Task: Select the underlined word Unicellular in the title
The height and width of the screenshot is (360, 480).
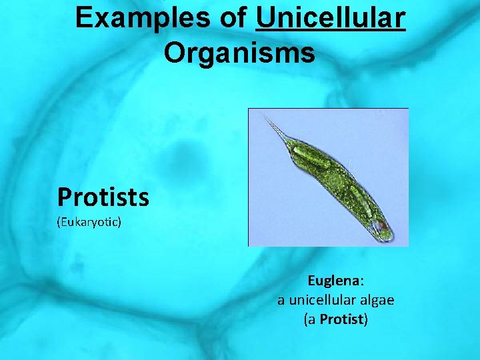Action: pos(330,18)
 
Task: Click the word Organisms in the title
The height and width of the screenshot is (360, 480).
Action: pos(239,53)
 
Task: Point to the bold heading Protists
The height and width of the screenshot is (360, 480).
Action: pos(103,197)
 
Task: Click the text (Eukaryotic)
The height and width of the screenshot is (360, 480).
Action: pos(89,221)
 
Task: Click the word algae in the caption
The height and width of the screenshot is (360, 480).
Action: pos(375,300)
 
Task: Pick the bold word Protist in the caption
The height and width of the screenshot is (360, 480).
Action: pos(341,319)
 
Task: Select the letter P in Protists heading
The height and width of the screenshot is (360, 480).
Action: pos(64,197)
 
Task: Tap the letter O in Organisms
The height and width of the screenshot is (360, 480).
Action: pos(175,53)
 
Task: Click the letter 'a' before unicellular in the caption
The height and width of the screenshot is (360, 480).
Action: pos(281,301)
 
